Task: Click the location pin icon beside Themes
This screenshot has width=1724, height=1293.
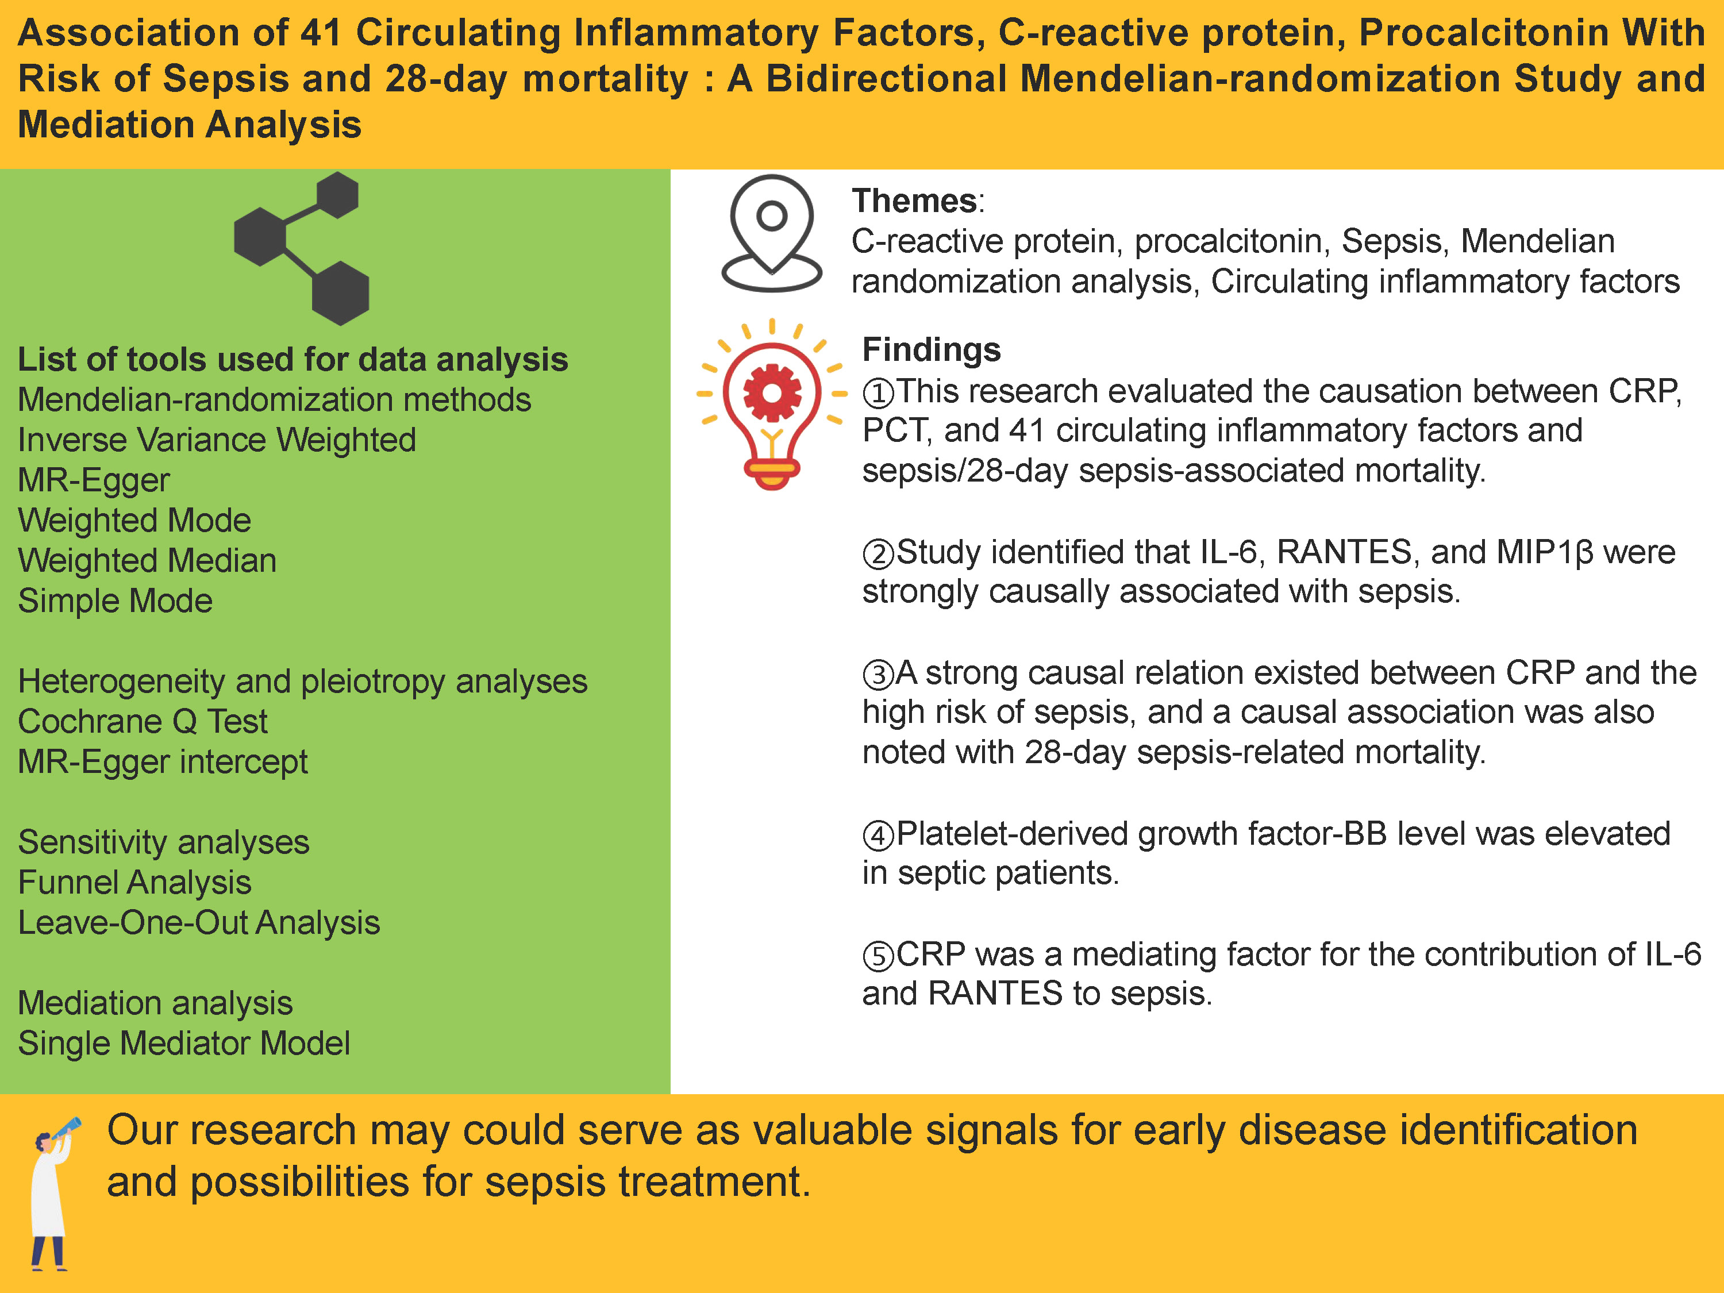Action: (772, 234)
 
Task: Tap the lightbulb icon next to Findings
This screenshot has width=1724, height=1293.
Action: (772, 404)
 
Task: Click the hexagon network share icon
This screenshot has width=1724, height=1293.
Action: (302, 248)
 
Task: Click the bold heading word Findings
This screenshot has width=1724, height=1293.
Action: (932, 349)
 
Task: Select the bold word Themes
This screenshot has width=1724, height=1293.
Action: (914, 201)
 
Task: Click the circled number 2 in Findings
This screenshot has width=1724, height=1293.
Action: (878, 554)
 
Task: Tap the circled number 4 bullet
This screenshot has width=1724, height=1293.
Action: (878, 836)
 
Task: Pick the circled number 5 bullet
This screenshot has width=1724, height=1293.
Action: (878, 956)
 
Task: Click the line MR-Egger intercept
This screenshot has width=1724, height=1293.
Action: (163, 762)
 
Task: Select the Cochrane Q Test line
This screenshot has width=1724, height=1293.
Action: (143, 722)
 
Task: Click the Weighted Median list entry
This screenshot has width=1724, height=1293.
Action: (147, 560)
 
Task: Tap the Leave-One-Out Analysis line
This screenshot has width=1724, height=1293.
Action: (199, 923)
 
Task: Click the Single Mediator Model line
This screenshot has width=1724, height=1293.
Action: (184, 1044)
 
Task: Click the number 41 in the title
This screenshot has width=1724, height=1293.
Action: (321, 33)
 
